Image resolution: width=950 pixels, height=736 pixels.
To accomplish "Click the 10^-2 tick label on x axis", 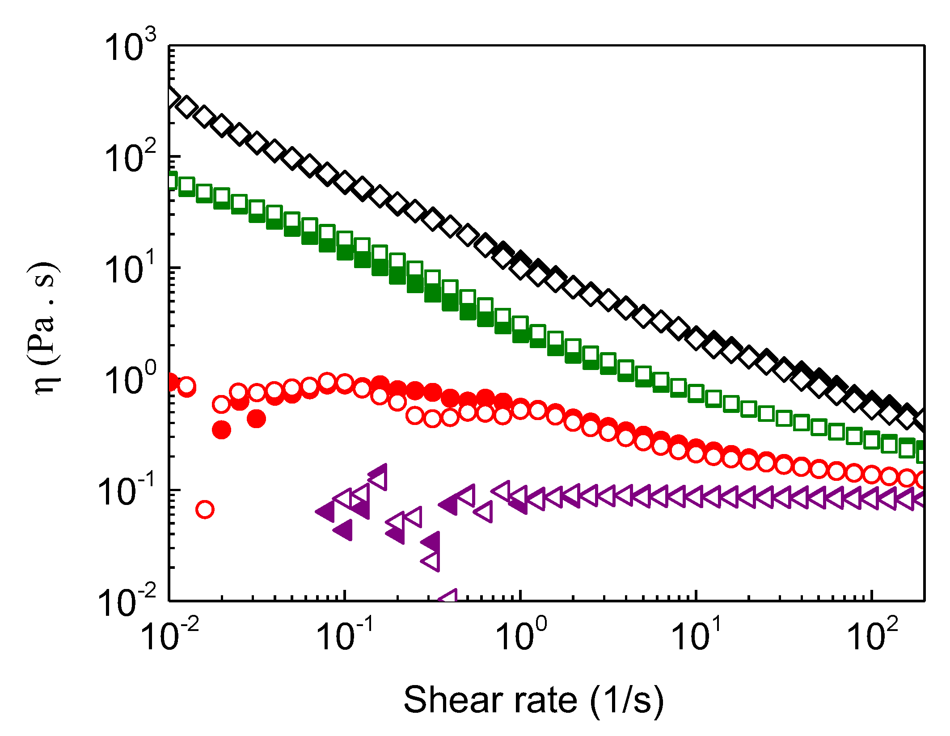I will [x=169, y=635].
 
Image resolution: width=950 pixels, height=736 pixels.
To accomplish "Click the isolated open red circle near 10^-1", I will [x=205, y=509].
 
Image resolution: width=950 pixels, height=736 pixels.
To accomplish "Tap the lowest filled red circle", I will [x=221, y=430].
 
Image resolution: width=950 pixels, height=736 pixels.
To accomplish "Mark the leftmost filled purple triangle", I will [x=327, y=511].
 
